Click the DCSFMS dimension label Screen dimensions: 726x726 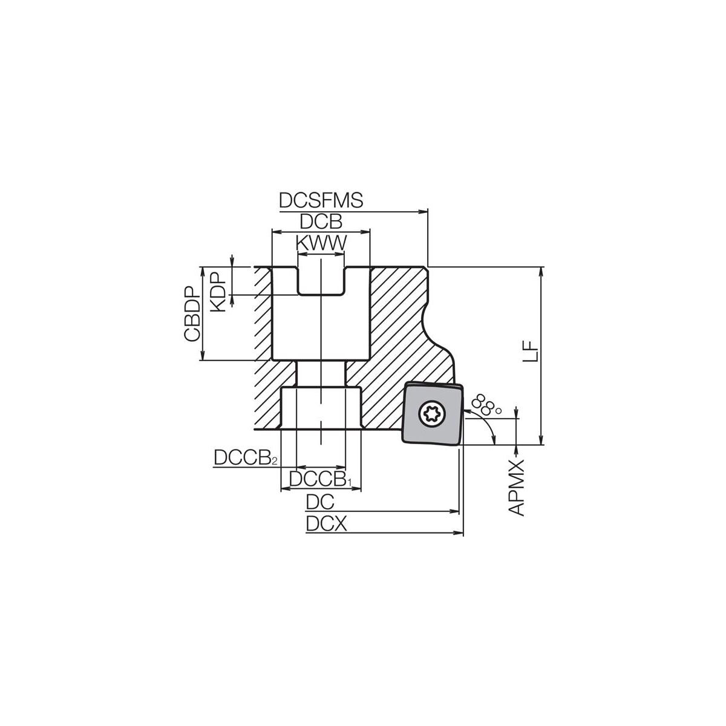[321, 200]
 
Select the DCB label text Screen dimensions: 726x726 [321, 222]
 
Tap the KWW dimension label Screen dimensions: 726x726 [321, 243]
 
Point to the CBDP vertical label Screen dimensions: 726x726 [191, 314]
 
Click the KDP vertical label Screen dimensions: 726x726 [217, 292]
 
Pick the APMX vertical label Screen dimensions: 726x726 [517, 488]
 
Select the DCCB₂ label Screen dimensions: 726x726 [246, 458]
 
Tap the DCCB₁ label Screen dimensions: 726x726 [321, 479]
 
